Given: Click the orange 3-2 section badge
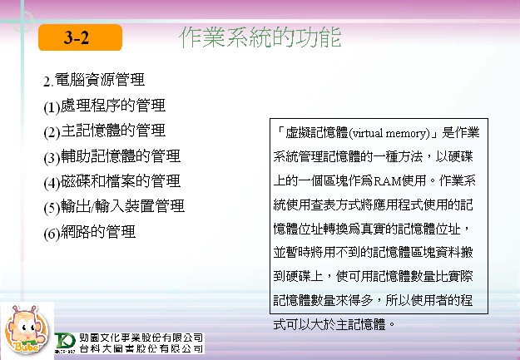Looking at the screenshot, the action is pos(80,37).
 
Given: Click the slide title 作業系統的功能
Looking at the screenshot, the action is pos(260,37).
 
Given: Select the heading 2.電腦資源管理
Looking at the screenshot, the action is pos(94,80).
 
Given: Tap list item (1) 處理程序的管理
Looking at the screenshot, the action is pos(105,106).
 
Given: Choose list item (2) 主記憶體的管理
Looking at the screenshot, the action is pos(105,131).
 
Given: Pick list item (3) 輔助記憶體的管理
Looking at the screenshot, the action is pos(112,156).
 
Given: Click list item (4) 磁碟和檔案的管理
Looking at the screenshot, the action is pos(112,181).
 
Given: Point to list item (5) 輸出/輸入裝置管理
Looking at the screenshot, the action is pos(114,207).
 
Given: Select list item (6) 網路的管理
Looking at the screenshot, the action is pos(90,232).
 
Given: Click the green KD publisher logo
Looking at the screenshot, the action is pos(66,342).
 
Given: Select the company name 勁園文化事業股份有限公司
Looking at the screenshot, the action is pos(141,338).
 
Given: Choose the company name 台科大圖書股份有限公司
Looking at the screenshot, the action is pos(141,348).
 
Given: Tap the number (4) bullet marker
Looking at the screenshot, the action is pos(52,183).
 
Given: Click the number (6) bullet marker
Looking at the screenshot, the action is pos(52,234).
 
